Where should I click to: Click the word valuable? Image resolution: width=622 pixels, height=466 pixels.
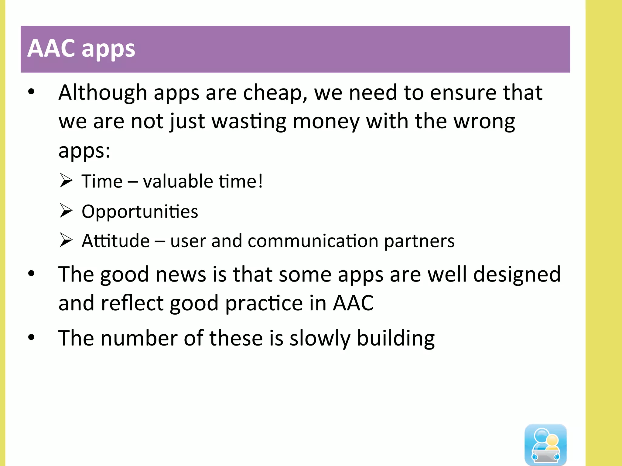(178, 181)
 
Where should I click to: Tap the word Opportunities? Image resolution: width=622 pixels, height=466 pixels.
(140, 211)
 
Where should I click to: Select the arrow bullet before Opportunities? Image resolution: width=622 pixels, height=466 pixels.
(66, 211)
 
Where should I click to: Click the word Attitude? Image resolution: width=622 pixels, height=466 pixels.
(116, 241)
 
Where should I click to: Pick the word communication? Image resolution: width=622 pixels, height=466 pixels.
(313, 241)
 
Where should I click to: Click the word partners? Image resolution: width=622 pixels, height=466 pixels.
(419, 241)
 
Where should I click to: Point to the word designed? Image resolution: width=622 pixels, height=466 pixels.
(517, 274)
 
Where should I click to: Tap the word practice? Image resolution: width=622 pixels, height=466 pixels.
(264, 303)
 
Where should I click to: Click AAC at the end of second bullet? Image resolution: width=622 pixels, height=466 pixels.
(353, 303)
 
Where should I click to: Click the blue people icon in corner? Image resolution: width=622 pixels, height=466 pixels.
(545, 444)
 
